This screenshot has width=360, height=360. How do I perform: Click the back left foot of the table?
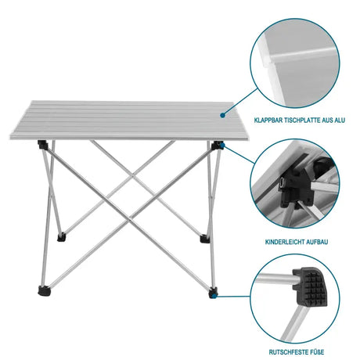[x=63, y=233]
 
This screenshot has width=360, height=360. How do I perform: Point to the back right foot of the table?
[x=206, y=239]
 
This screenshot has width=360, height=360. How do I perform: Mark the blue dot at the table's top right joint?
[x=222, y=146]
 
